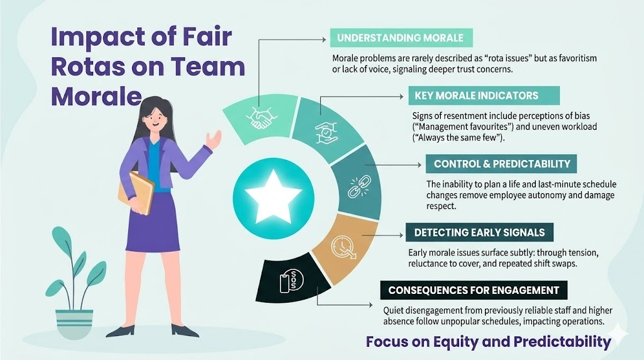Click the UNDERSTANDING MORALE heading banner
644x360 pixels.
point(400,38)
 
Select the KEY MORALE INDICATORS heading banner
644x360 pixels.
point(476,96)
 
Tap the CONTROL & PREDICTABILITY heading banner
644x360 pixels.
point(501,164)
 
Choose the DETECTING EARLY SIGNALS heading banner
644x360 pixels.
point(479,232)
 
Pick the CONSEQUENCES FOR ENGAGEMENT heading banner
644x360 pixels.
point(474,290)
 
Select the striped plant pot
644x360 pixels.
point(74,323)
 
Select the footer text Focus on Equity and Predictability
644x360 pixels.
point(488,342)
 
